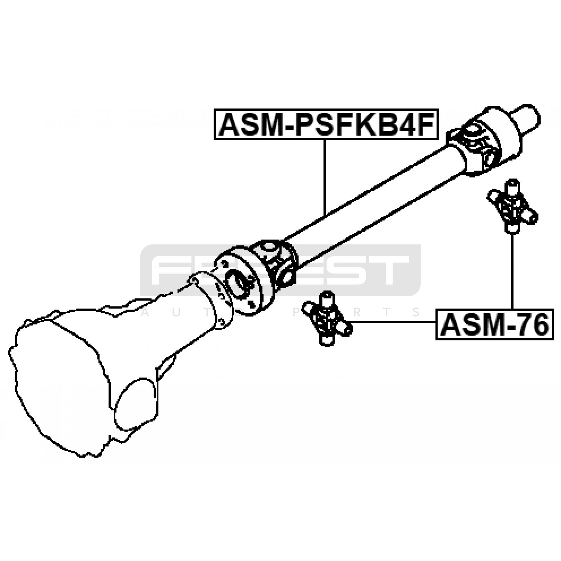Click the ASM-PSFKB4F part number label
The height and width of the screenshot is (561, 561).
point(326,125)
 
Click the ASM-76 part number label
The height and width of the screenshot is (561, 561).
point(494,325)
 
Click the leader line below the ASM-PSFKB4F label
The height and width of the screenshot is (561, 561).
point(325,175)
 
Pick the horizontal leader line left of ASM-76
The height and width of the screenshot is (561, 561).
point(393,322)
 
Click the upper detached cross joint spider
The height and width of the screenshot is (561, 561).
point(512,207)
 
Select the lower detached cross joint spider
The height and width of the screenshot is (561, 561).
point(327,319)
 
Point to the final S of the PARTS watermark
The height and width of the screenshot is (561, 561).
point(417,312)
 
